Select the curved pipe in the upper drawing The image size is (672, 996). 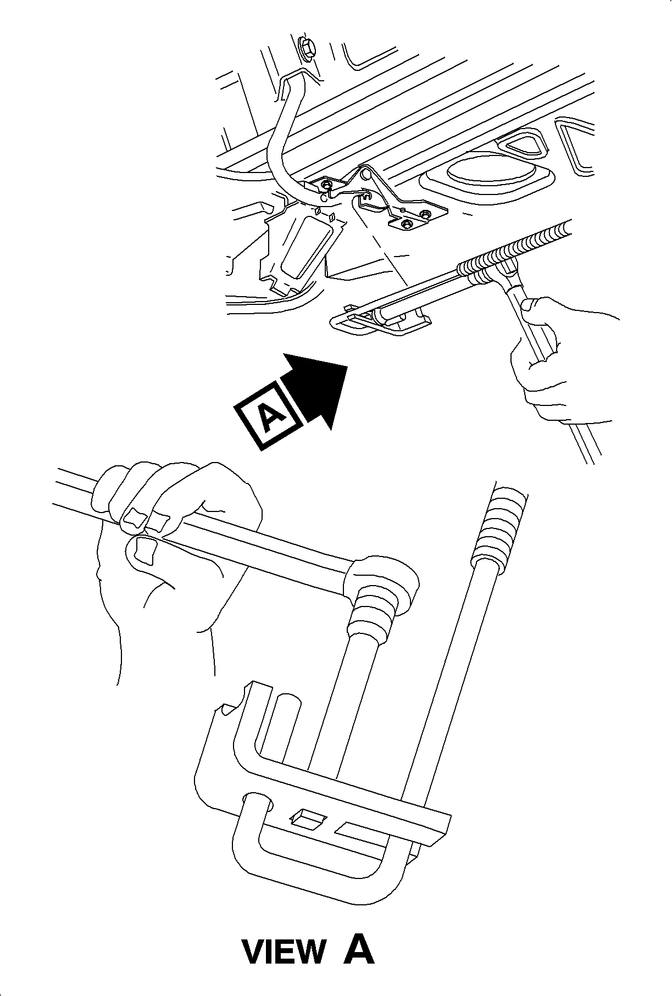click(x=286, y=132)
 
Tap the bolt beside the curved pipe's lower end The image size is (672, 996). click(x=327, y=185)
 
